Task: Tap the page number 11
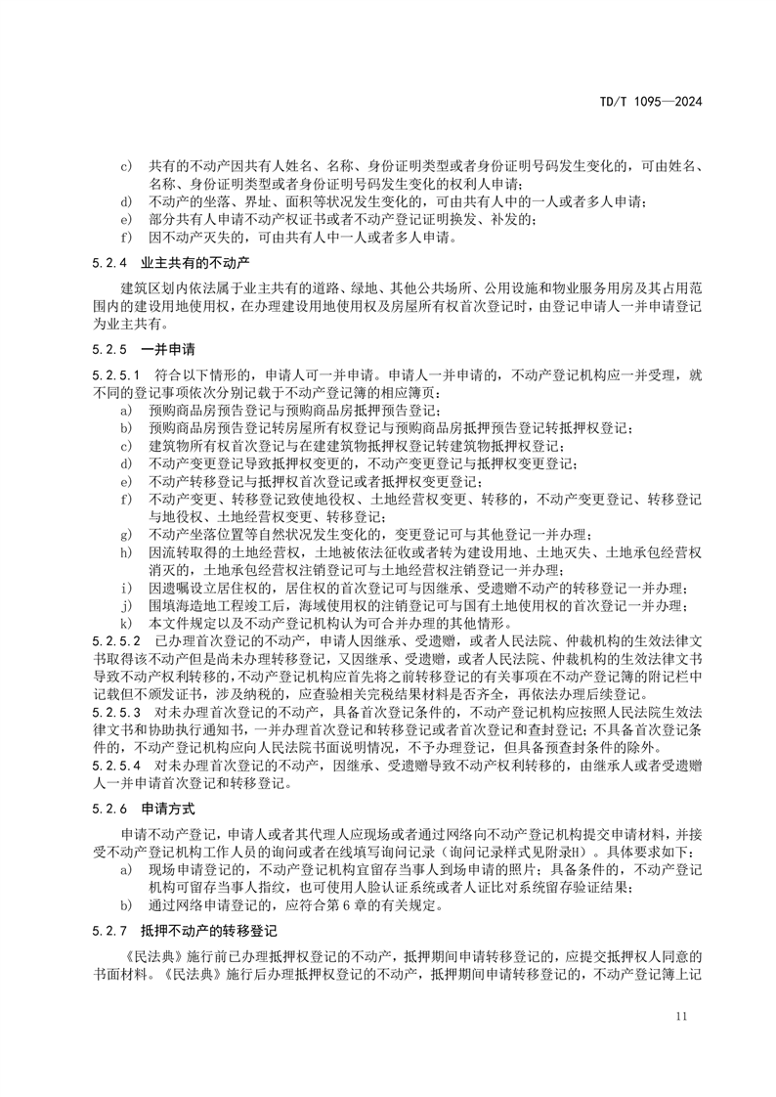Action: point(681,1017)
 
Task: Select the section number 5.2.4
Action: point(97,262)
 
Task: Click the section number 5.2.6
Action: point(97,811)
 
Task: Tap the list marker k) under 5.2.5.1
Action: point(124,622)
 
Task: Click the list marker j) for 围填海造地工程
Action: point(124,604)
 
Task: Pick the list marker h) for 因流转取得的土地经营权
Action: point(124,552)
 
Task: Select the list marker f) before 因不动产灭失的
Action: point(124,236)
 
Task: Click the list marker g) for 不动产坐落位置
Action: point(124,535)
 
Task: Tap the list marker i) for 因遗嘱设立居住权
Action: point(124,588)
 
